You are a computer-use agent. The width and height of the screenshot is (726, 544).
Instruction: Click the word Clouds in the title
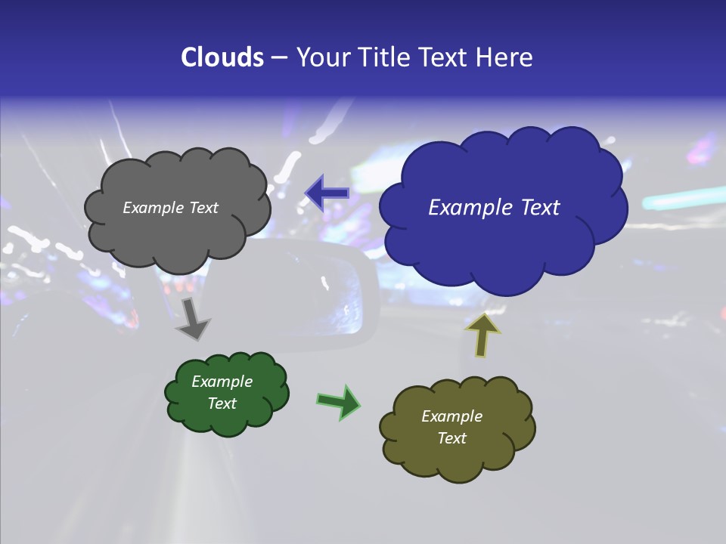coord(222,57)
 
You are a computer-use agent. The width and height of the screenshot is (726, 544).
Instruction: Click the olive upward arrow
coord(482,334)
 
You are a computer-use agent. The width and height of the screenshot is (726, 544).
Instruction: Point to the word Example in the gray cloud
coord(153,208)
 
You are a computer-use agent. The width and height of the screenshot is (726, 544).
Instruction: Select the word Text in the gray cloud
coord(203,208)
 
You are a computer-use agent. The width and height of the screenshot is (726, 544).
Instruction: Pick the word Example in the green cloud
coord(222,382)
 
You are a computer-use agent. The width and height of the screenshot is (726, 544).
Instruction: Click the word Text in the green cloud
coord(222,403)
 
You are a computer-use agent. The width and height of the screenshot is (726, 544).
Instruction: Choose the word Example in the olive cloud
coord(451,416)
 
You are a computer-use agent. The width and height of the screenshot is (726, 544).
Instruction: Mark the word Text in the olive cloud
coord(451,438)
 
